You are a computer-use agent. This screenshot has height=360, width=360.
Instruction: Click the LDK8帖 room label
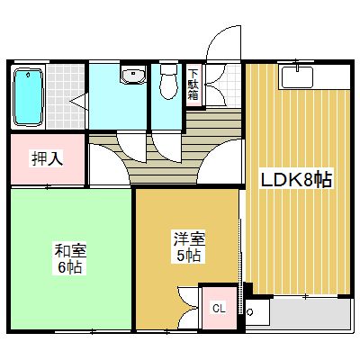296,181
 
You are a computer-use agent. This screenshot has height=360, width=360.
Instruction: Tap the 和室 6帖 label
70,259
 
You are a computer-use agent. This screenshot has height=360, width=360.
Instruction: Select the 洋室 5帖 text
189,247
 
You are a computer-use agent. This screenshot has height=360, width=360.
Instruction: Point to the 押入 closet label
48,159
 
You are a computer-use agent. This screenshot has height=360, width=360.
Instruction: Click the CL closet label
219,309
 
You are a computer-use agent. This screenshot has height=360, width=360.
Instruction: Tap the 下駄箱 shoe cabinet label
193,85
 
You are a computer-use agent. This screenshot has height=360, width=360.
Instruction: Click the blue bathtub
28,97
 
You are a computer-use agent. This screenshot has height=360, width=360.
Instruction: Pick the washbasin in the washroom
133,76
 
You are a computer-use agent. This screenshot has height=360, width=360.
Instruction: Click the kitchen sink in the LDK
297,77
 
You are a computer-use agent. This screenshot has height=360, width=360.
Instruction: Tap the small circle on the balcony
249,312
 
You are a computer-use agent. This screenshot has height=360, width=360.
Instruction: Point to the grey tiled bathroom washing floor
66,96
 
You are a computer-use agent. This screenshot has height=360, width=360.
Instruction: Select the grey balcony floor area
310,314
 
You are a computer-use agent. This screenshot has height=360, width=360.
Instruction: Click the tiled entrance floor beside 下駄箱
223,85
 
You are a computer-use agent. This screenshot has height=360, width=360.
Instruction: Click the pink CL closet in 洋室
220,308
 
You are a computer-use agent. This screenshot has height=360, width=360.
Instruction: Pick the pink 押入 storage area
48,159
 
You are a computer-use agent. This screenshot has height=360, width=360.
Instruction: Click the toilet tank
168,69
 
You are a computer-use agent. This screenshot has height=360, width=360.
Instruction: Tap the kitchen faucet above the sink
297,67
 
